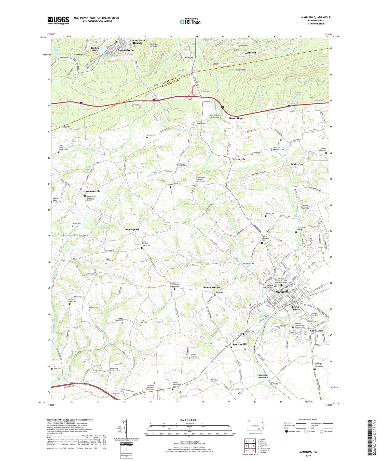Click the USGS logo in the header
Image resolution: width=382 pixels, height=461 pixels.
point(58,20)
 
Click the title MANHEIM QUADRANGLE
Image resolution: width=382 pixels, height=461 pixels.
point(316,17)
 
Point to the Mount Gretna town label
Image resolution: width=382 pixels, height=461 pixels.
point(126,50)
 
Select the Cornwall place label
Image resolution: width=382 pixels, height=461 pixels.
point(250,53)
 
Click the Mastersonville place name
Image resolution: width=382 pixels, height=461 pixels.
point(92,191)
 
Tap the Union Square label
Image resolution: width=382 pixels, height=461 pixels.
point(131,229)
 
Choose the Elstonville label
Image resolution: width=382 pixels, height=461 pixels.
point(239,159)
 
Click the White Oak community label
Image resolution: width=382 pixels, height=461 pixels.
point(297,164)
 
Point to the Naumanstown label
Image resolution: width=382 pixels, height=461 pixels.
point(211,287)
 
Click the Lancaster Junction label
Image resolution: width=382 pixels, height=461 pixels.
point(263,376)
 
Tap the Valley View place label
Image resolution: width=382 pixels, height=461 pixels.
point(317,331)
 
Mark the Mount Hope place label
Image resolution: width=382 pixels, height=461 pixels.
point(236,118)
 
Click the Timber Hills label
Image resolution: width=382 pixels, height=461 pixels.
point(95,49)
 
